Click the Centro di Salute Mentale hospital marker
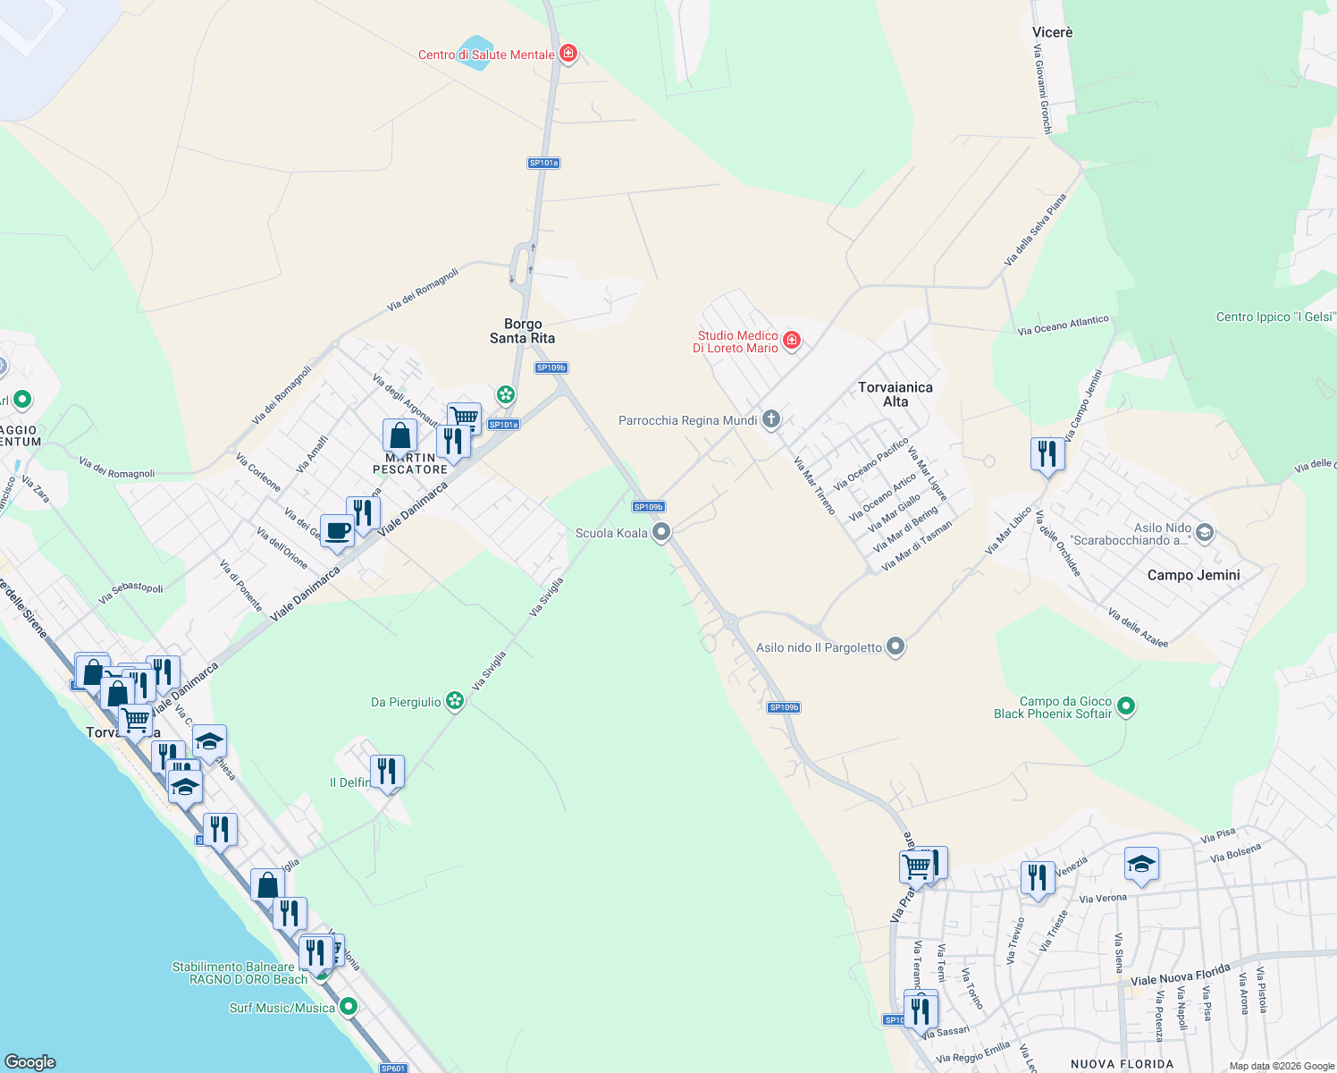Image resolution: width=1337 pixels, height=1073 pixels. pyautogui.click(x=568, y=55)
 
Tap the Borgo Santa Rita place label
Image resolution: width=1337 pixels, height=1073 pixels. pyautogui.click(x=522, y=331)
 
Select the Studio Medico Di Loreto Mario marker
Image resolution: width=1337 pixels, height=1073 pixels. pyautogui.click(x=791, y=341)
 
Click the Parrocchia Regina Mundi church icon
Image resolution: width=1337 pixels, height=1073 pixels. pyautogui.click(x=770, y=419)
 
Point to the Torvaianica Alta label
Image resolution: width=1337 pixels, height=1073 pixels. pyautogui.click(x=895, y=394)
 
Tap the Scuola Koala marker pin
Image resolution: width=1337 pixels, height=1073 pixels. pyautogui.click(x=661, y=533)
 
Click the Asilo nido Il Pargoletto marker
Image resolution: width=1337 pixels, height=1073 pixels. pyautogui.click(x=896, y=646)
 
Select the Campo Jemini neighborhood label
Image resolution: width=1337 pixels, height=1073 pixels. pyautogui.click(x=1193, y=575)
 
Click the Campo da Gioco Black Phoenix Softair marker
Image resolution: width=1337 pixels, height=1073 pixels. pyautogui.click(x=1126, y=706)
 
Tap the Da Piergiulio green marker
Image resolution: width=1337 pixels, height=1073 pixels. pyautogui.click(x=455, y=701)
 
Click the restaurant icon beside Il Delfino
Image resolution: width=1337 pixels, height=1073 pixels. pyautogui.click(x=387, y=772)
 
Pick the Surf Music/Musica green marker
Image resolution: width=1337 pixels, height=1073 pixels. pyautogui.click(x=349, y=1007)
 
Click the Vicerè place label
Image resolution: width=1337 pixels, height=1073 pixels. pyautogui.click(x=1052, y=32)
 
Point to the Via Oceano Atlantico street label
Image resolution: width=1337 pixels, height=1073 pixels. pyautogui.click(x=1063, y=325)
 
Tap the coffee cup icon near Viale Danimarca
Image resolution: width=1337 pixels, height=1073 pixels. pyautogui.click(x=337, y=531)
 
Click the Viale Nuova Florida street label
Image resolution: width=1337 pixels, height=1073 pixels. pyautogui.click(x=1180, y=975)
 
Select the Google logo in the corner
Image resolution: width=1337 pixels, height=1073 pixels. pyautogui.click(x=30, y=1061)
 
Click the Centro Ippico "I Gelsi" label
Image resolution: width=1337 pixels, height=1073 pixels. pyautogui.click(x=1275, y=317)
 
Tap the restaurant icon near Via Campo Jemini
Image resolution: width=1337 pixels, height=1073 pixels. pyautogui.click(x=1047, y=453)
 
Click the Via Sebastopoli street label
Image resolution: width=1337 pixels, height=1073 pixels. pyautogui.click(x=131, y=592)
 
